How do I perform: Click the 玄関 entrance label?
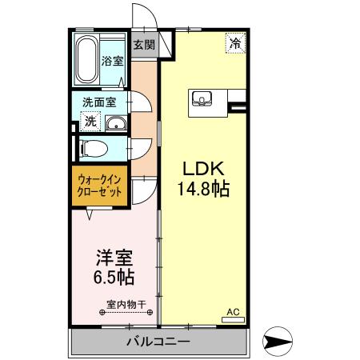144,44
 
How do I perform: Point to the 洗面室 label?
100,102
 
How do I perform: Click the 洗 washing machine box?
90,122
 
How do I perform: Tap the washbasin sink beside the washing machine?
115,122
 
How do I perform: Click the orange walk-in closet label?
100,186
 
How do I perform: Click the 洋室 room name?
114,259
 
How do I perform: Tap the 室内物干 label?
126,304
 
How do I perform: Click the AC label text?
233,311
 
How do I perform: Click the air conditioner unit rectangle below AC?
233,319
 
